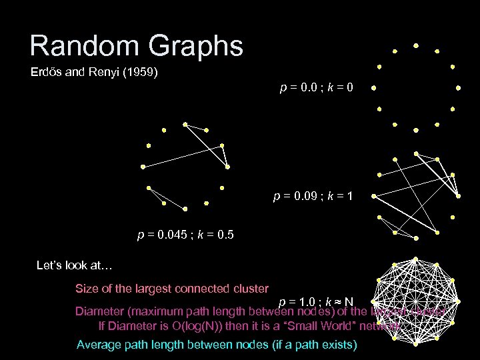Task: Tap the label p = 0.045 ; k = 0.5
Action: point(185,235)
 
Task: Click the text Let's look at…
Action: point(74,265)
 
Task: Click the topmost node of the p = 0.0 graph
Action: point(416,46)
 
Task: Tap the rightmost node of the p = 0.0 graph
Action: point(459,87)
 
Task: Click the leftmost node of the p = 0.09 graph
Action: point(373,196)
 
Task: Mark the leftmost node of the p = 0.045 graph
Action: point(142,167)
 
